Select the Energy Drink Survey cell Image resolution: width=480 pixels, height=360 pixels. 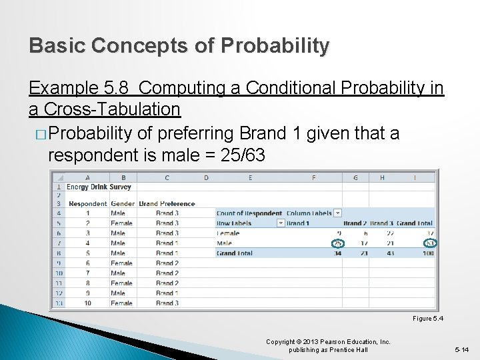pyautogui.click(x=99, y=187)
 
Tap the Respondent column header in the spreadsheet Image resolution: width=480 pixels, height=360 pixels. pyautogui.click(x=87, y=203)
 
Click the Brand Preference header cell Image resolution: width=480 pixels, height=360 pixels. pyautogui.click(x=167, y=203)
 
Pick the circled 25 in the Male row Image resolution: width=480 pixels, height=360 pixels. pyautogui.click(x=337, y=243)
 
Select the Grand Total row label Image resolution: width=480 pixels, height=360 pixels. pyautogui.click(x=235, y=253)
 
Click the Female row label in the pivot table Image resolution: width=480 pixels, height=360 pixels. pyautogui.click(x=228, y=233)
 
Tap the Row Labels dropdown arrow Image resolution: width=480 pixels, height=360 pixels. pyautogui.click(x=281, y=223)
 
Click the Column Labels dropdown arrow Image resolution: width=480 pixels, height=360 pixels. pyautogui.click(x=337, y=213)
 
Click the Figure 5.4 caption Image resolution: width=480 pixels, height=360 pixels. pyautogui.click(x=427, y=319)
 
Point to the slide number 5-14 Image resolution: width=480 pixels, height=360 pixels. pyautogui.click(x=461, y=349)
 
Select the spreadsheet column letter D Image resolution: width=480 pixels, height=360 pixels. pyautogui.click(x=205, y=177)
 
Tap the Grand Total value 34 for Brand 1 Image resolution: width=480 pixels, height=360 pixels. pyautogui.click(x=337, y=253)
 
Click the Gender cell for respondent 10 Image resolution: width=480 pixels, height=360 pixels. pyautogui.click(x=121, y=303)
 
